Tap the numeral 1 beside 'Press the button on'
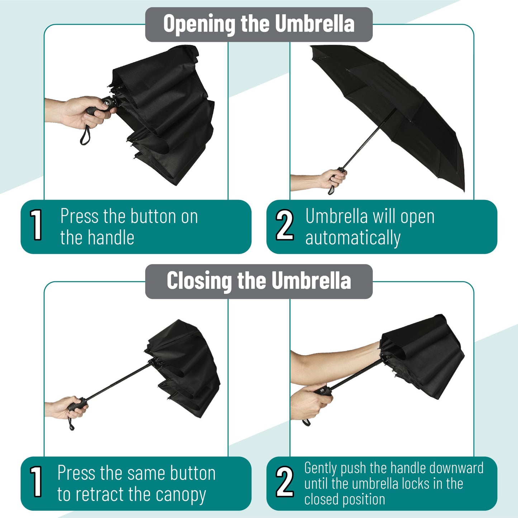36,225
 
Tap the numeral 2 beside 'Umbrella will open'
284,225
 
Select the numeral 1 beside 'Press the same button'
36,481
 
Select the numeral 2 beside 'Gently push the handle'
284,481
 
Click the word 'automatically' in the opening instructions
353,238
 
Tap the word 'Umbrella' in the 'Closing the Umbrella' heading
311,280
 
